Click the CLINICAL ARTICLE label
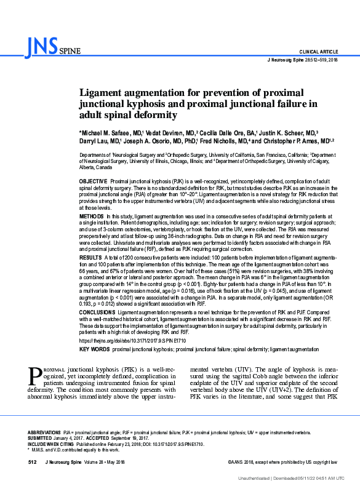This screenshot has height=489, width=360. pyautogui.click(x=318, y=51)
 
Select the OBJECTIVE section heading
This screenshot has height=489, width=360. pyautogui.click(x=93, y=183)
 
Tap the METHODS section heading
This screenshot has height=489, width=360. pyautogui.click(x=92, y=217)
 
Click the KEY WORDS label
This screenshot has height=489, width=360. pyautogui.click(x=92, y=348)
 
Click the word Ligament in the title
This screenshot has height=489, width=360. pyautogui.click(x=103, y=93)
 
